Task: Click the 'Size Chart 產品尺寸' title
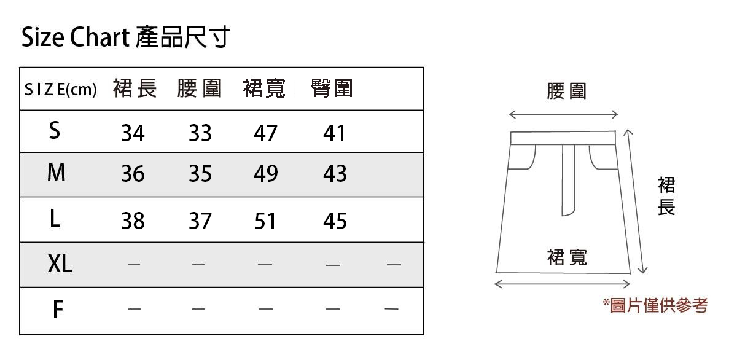[126, 38]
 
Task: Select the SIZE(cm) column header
[61, 90]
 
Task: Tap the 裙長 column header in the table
[135, 89]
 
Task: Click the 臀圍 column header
[332, 89]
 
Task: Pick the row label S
[55, 130]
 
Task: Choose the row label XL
[60, 264]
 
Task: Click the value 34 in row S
[133, 133]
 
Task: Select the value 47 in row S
[266, 133]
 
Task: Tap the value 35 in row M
[200, 174]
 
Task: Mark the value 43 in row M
[335, 174]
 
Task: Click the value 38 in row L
[133, 221]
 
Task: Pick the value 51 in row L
[266, 221]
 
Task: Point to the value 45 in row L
[335, 221]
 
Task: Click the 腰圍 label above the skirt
[566, 92]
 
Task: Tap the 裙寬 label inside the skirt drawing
[567, 257]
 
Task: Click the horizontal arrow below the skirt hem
[563, 284]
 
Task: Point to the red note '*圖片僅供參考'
[655, 305]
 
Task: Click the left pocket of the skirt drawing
[523, 157]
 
